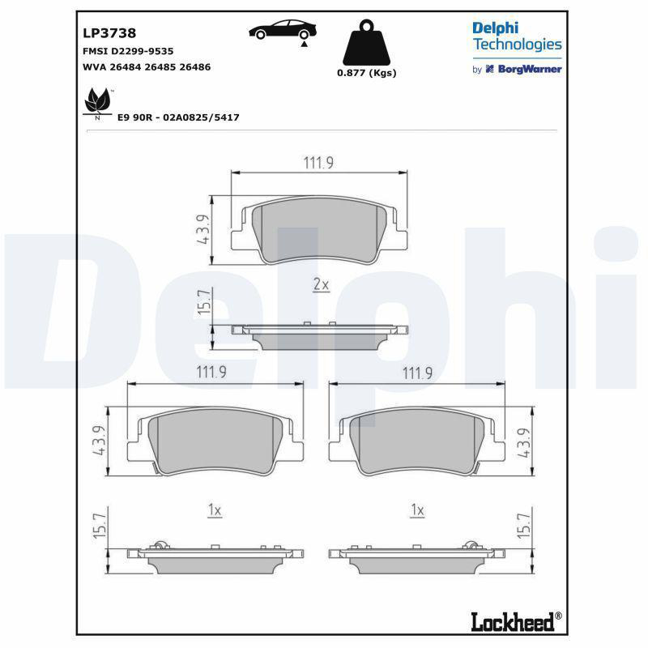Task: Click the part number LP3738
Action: [109, 33]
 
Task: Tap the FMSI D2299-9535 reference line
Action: [128, 51]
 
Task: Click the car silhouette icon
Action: [283, 30]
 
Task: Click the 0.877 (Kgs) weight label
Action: [367, 73]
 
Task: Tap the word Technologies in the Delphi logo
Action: [518, 45]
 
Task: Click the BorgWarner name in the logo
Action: [530, 70]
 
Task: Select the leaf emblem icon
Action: [98, 101]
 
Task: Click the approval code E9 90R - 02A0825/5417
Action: [178, 117]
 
